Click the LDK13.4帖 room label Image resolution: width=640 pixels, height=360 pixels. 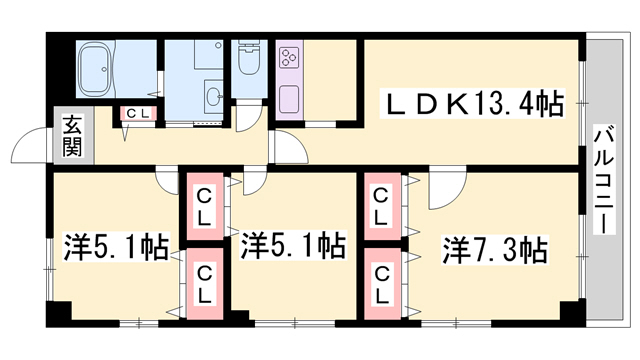coord(472,104)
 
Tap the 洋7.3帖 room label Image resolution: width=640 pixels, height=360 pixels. coord(495,250)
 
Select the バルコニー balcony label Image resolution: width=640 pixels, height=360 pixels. coord(604,180)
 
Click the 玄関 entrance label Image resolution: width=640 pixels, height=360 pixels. coord(72,136)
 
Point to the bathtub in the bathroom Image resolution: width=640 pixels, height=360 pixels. coord(95,69)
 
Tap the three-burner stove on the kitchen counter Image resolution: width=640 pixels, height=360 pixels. coord(289,57)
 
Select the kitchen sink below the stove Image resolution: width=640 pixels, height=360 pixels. coord(289,100)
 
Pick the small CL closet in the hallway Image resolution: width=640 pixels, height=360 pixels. coord(138,114)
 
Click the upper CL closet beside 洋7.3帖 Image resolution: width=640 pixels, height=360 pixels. coord(382,206)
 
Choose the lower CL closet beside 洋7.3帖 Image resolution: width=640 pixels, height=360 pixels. coord(382,284)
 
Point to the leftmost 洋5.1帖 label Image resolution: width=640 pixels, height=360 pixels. coord(116,247)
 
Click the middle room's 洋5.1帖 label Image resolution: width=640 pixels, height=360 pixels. coord(293,245)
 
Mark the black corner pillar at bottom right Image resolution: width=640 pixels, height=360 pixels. coord(573,313)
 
